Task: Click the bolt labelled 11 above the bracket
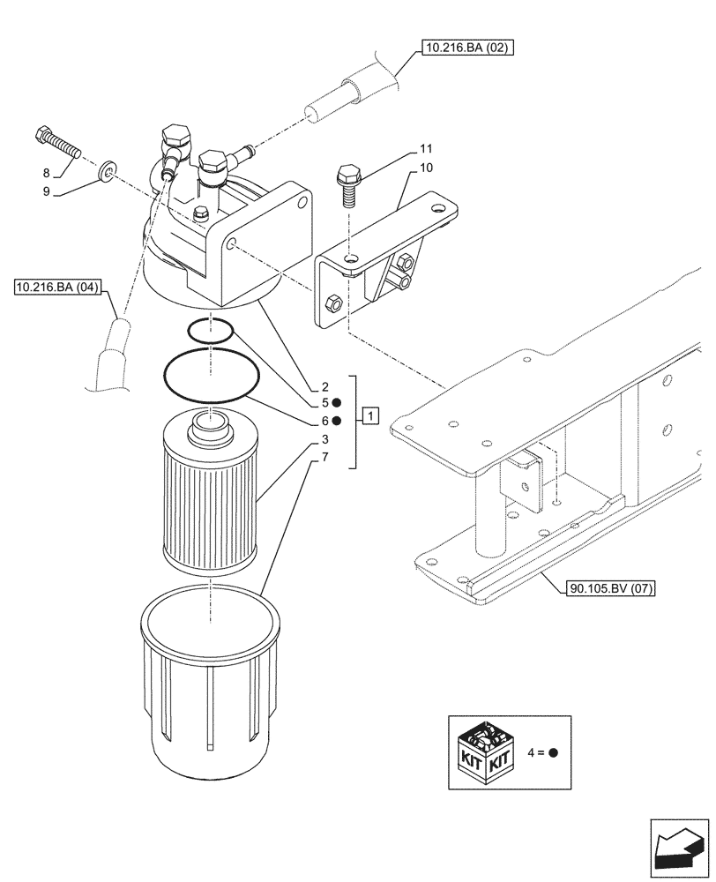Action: tap(347, 183)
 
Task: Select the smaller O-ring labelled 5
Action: tap(211, 333)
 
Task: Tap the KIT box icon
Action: tap(485, 752)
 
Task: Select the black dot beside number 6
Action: tap(339, 422)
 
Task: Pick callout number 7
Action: tap(325, 456)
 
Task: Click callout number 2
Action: tap(325, 387)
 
